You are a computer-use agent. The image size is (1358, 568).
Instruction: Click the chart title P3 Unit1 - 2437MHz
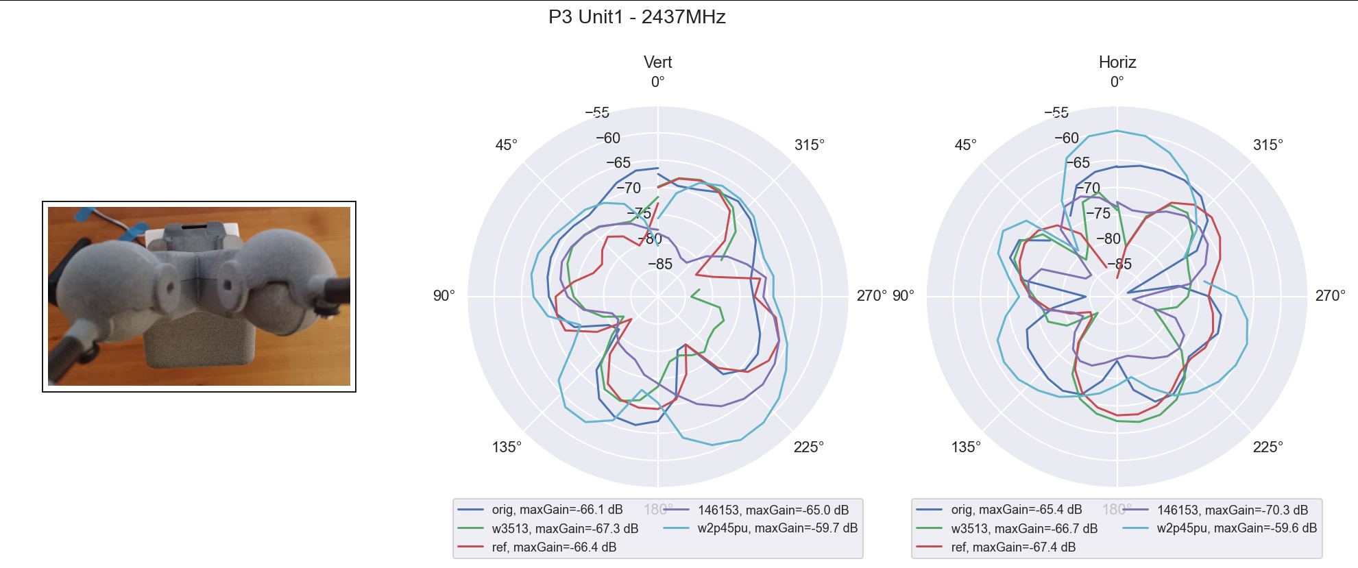coord(637,17)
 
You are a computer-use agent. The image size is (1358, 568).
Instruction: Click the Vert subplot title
coord(657,62)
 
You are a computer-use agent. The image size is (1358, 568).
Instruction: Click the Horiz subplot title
coord(1117,62)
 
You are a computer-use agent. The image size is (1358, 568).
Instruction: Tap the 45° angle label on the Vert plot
coord(506,145)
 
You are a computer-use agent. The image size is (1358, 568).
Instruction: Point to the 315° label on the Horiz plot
coord(1268,145)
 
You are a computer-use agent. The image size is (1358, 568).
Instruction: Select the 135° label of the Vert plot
coord(507,447)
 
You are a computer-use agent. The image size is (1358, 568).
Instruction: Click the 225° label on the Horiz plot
coord(1268,447)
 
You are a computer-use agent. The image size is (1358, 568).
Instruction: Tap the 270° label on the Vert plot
coord(871,296)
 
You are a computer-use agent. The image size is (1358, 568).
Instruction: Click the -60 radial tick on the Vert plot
coord(607,138)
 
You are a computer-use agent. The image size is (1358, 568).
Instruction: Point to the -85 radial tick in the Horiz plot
coord(1119,264)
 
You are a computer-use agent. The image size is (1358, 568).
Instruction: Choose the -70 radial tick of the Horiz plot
coord(1087,188)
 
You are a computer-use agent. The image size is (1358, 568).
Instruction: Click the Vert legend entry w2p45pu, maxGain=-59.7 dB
coord(777,528)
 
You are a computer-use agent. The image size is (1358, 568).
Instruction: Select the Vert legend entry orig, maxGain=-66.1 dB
coord(557,510)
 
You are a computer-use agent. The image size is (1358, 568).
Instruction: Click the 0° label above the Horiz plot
coord(1117,82)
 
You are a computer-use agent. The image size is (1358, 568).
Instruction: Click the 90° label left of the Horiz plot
coord(904,296)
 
